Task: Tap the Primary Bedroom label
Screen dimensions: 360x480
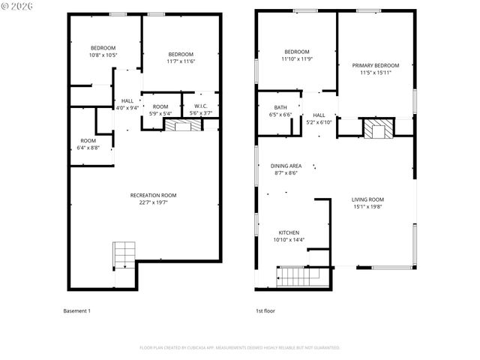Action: point(376,65)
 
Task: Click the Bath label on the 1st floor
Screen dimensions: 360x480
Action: point(280,107)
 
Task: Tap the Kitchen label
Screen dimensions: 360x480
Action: point(289,232)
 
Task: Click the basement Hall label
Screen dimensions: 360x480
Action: point(127,100)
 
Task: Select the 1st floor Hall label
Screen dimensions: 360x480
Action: point(319,115)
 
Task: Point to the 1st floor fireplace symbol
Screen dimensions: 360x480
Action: point(377,128)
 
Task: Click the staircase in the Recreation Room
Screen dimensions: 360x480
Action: point(123,256)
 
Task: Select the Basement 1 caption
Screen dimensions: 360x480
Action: point(76,310)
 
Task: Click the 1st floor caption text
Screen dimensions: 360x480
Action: point(265,310)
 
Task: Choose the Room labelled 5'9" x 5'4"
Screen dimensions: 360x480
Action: point(160,109)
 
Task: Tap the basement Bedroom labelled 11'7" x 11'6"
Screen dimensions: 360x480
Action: point(181,57)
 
